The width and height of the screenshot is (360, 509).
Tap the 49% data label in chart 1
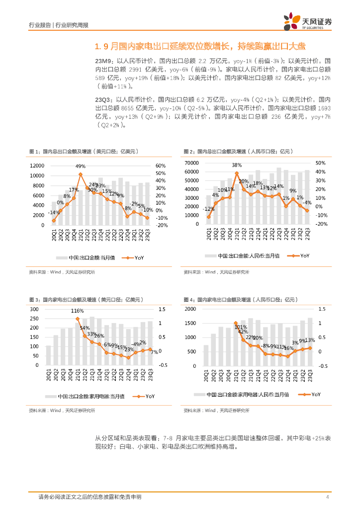[x=81, y=166]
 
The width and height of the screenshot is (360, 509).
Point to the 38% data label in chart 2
[x=237, y=165]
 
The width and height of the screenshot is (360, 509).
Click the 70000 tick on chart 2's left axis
[x=191, y=163]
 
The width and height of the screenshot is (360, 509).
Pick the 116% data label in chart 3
[x=77, y=311]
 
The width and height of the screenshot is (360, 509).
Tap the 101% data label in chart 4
[x=241, y=327]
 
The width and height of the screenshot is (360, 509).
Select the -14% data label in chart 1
[x=55, y=212]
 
